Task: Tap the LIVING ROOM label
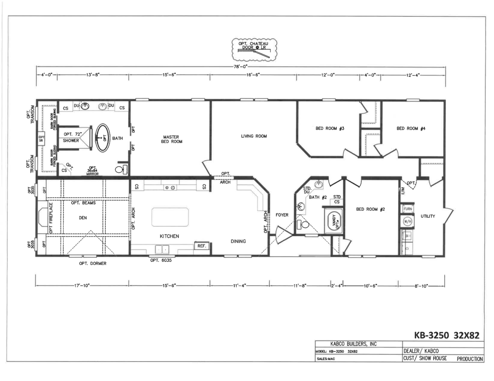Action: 254,136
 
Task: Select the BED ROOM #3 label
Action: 329,129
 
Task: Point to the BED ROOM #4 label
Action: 410,129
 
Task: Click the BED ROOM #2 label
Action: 370,210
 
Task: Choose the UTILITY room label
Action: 428,216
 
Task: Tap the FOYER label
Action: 282,215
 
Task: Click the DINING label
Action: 238,241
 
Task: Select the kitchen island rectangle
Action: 170,217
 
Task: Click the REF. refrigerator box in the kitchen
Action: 202,246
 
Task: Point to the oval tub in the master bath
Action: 103,138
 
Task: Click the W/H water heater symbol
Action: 408,222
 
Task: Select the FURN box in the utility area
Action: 408,209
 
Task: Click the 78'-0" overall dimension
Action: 240,67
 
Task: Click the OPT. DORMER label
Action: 93,264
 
